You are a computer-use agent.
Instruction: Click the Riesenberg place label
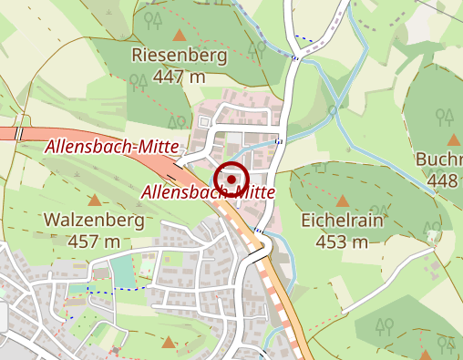point(179,56)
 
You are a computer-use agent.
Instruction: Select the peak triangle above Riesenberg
point(180,36)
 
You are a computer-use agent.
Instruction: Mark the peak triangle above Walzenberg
point(95,200)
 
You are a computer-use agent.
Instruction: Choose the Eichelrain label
point(343,221)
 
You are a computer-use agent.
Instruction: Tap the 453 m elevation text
point(343,242)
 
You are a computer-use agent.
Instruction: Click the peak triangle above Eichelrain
point(343,201)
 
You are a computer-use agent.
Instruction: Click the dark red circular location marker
point(231,179)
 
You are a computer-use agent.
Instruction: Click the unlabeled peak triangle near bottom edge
point(168,343)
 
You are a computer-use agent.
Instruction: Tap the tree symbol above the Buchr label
point(445,116)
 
